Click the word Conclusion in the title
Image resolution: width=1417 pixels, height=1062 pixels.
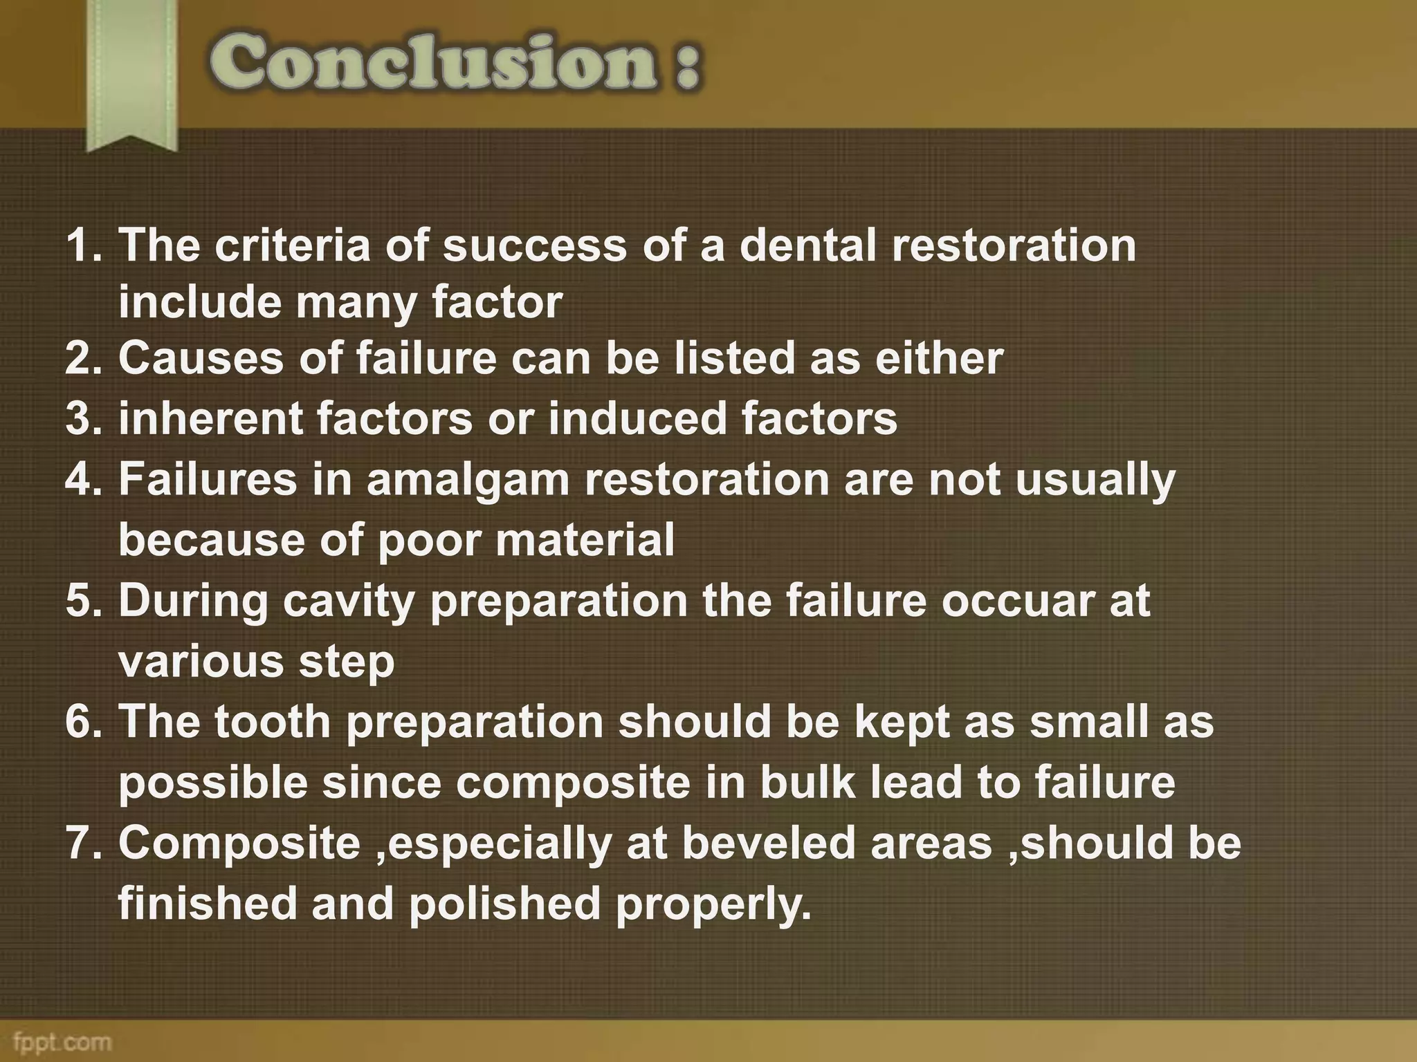(432, 64)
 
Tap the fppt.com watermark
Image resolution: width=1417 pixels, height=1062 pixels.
(62, 1041)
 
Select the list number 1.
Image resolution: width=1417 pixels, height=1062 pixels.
(82, 245)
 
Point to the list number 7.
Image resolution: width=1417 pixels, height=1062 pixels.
(82, 844)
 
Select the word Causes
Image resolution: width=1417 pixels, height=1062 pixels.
(201, 358)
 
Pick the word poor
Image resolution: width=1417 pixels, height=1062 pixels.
(429, 539)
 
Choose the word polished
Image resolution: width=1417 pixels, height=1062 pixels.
(504, 904)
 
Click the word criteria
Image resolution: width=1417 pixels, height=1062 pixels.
(292, 245)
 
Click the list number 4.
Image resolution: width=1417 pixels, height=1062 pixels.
(82, 480)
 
